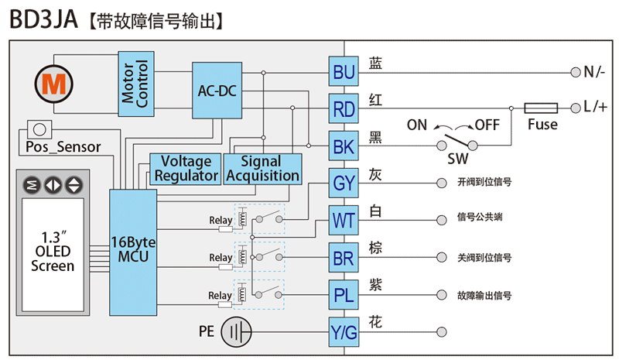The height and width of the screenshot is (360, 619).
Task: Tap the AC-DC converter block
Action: point(217,91)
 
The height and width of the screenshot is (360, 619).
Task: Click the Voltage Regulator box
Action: point(186,169)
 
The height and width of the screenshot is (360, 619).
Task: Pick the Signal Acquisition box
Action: point(262,169)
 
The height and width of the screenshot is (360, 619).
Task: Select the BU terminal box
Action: point(344,72)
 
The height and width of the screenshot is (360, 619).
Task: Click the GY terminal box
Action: point(344,183)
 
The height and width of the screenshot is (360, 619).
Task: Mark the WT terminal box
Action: point(344,221)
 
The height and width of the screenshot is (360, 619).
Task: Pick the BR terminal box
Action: point(344,257)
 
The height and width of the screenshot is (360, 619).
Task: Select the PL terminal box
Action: point(344,294)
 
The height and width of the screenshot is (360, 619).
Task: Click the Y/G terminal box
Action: point(344,331)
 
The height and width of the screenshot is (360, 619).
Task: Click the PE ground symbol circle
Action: point(237,333)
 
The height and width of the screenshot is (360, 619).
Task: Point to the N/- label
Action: point(594,72)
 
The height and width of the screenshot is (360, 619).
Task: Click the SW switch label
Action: point(457,159)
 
